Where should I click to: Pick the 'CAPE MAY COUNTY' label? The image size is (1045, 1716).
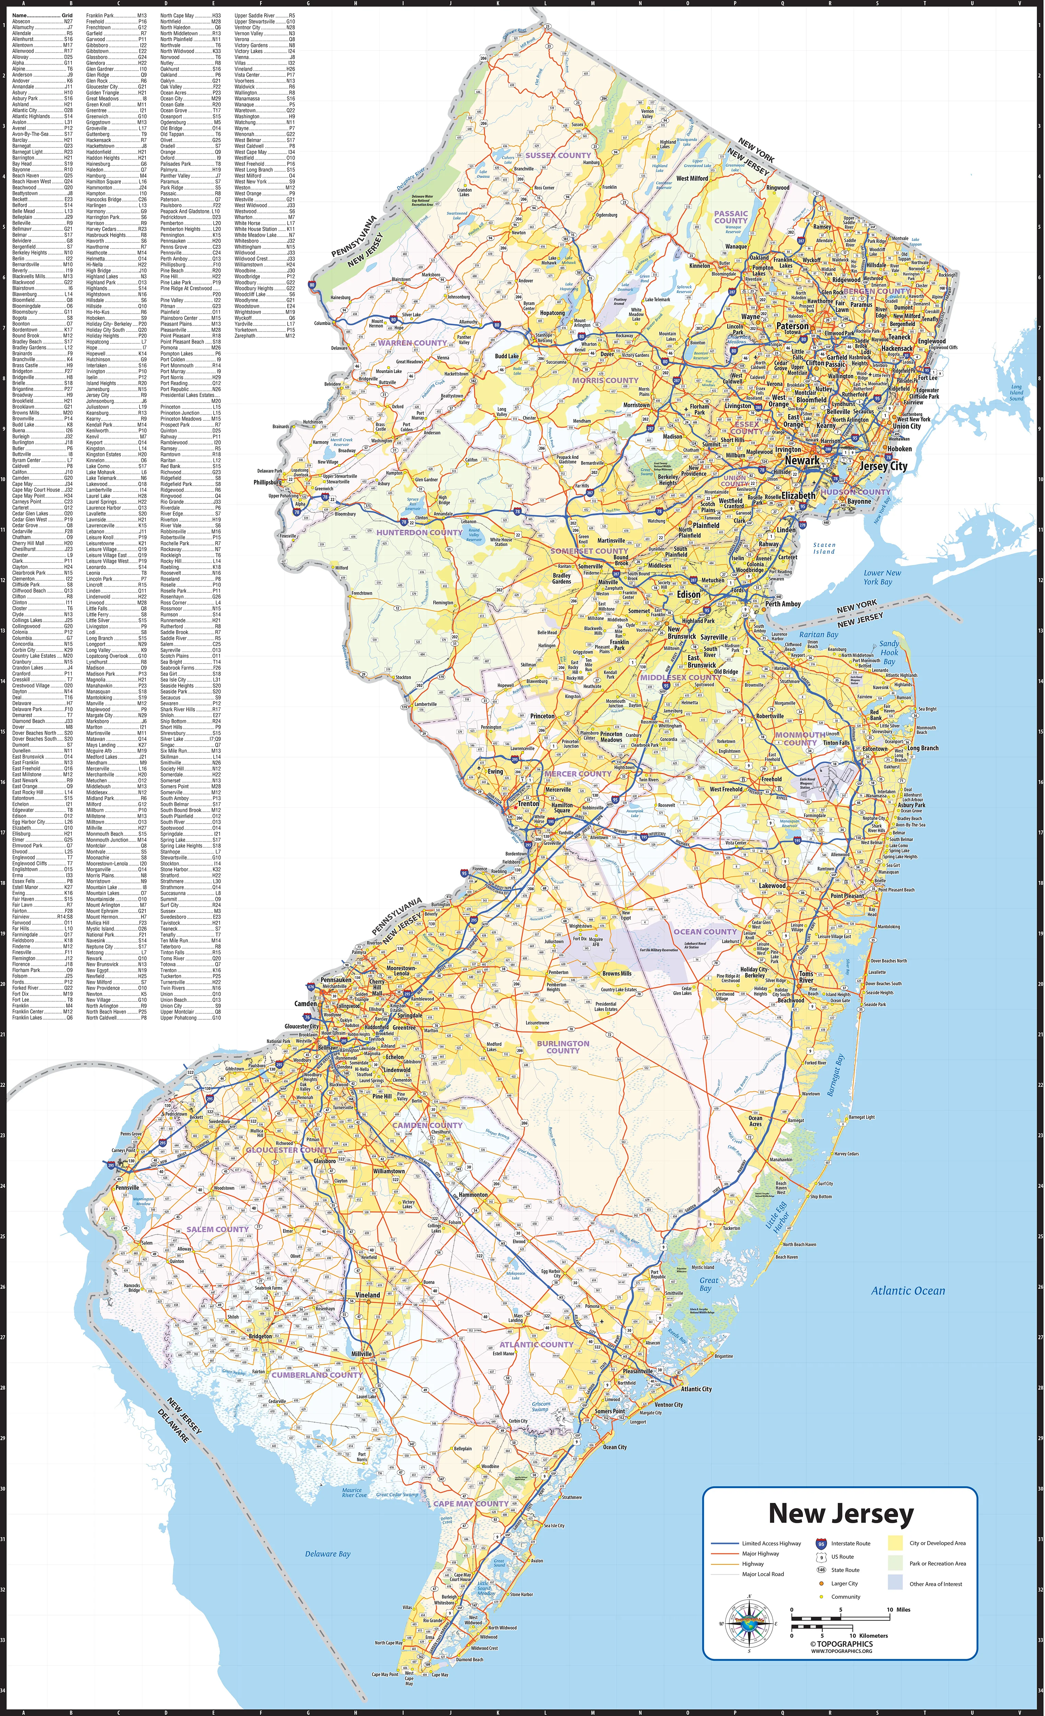pyautogui.click(x=471, y=1504)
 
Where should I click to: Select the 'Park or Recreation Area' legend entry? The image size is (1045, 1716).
pyautogui.click(x=937, y=1564)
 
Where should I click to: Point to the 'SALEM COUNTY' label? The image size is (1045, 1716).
pyautogui.click(x=217, y=1229)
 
